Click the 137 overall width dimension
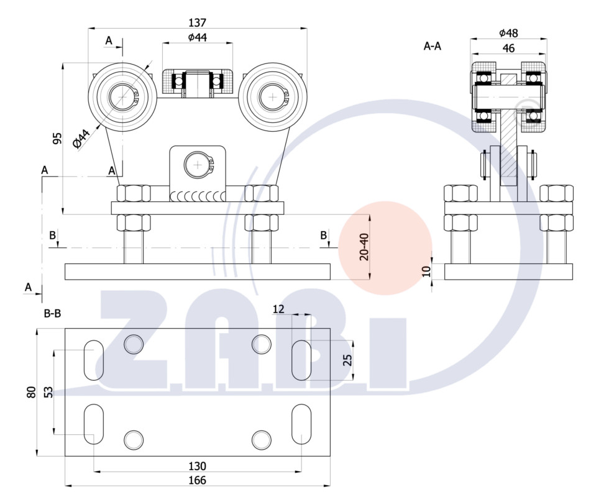tap(197, 23)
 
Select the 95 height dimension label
tap(57, 139)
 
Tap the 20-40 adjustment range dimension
tap(364, 247)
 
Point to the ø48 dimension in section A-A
tap(508, 33)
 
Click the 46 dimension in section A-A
tap(508, 48)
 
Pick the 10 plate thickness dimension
tap(426, 271)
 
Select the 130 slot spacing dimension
tap(197, 466)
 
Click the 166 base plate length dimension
tap(197, 480)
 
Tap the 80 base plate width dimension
tap(31, 392)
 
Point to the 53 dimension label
tap(48, 392)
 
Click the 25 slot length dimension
tap(347, 360)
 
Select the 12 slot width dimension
tap(278, 309)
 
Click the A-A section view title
tap(433, 46)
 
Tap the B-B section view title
tap(52, 314)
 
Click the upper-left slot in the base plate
tap(93, 360)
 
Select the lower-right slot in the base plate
tap(301, 424)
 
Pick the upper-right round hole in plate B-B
tap(262, 344)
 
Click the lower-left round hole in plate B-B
tap(134, 440)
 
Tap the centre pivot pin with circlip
tap(198, 165)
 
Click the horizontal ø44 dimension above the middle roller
tap(197, 37)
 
